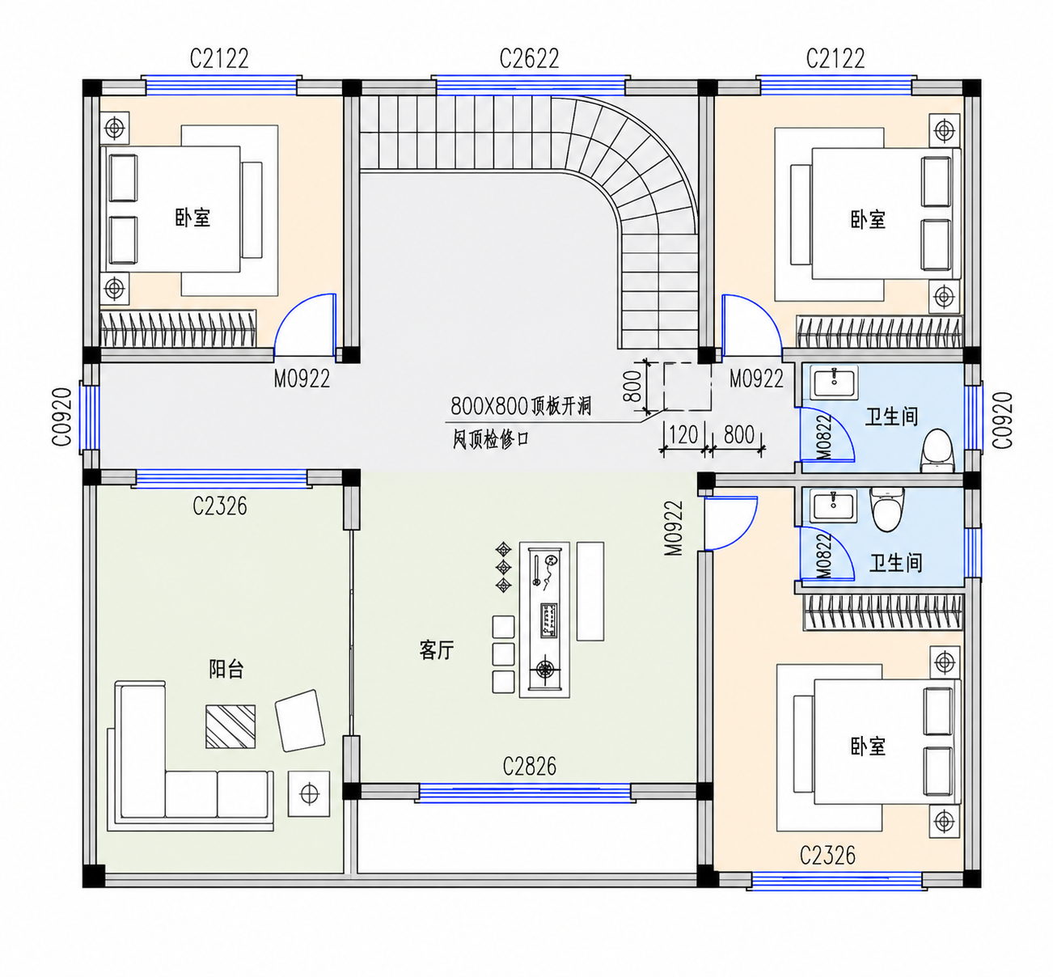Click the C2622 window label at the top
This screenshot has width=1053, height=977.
coord(529,59)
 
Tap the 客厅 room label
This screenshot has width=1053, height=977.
coord(437,649)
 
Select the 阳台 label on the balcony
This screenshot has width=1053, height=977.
coord(226,669)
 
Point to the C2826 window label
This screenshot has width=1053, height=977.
coord(529,767)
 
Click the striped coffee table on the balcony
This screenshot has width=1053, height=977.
coord(230,726)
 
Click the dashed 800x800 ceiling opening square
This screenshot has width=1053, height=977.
coord(687,387)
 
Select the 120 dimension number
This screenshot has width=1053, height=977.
coord(683,435)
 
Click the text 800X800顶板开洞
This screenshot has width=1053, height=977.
coord(521,406)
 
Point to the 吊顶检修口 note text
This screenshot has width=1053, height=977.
coord(491,440)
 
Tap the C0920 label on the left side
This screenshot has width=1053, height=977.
coord(62,417)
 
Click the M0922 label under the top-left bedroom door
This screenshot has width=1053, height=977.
coord(302,379)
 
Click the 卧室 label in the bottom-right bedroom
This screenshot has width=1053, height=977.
coord(868,746)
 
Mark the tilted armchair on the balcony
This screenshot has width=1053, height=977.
coord(299,721)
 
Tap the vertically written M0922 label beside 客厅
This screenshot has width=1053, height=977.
coord(674,528)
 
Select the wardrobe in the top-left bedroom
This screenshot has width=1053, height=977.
coord(178,329)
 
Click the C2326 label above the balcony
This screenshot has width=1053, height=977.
coord(219,506)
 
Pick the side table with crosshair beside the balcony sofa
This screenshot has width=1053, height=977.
coord(309,794)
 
